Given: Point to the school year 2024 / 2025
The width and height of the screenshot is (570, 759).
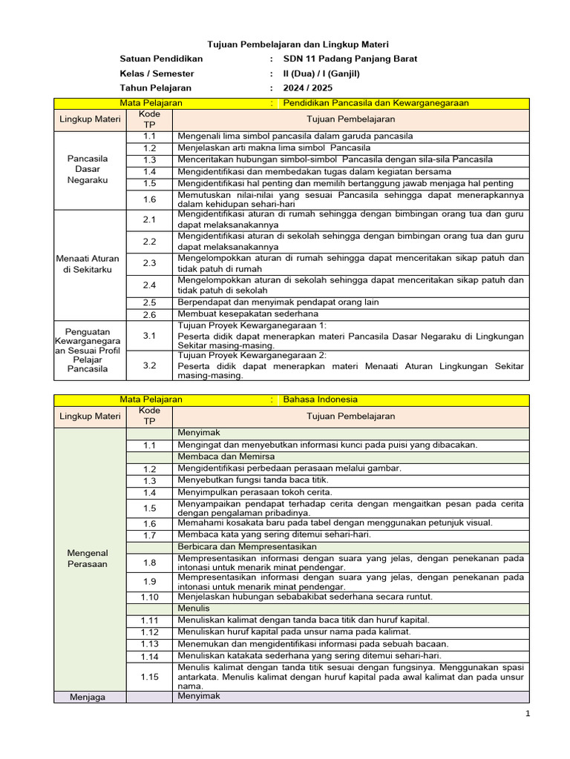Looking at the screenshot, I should (312, 87).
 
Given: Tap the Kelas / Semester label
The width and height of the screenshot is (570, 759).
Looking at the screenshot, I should (157, 73).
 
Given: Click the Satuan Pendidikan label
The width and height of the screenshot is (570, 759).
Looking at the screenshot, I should (161, 59).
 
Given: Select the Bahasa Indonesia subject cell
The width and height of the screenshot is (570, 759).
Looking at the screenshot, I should (321, 399).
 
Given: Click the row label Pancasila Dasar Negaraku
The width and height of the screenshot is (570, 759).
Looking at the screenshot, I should (88, 169).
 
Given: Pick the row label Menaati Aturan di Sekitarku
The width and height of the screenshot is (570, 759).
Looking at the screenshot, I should (88, 264).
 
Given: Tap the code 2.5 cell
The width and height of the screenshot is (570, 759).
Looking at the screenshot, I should (150, 302).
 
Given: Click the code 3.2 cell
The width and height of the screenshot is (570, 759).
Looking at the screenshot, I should (150, 365).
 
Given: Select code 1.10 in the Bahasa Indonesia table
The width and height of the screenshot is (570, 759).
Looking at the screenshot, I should (150, 597).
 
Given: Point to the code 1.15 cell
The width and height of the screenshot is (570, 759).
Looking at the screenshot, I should (150, 676).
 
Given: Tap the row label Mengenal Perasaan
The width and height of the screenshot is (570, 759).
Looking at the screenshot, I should (88, 558).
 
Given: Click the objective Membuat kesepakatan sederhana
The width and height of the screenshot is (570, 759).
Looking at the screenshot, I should (243, 314).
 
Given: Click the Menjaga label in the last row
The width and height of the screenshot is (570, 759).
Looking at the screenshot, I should (88, 697).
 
